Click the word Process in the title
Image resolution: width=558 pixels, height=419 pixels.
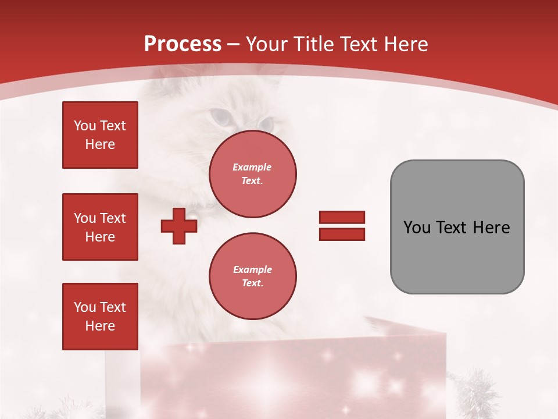[183, 44]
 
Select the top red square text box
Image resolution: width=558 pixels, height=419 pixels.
[100, 135]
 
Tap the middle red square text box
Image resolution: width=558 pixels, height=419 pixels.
[100, 227]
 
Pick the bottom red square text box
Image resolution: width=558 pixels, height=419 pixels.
[100, 317]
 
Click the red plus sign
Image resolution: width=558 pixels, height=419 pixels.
[179, 226]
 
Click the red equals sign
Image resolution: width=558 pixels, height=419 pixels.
[342, 226]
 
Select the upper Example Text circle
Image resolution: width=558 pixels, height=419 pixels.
[253, 173]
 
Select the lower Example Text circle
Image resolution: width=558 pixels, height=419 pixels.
[253, 276]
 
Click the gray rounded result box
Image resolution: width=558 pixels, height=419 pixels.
[457, 227]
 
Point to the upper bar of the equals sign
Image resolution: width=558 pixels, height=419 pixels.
[342, 218]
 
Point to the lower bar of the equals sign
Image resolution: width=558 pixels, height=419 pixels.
[342, 234]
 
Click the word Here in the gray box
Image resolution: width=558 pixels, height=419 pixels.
[491, 228]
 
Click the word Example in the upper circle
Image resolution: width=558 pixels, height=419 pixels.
[252, 167]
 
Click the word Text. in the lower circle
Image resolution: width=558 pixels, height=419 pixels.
[252, 283]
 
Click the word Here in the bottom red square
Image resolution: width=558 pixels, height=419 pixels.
[100, 326]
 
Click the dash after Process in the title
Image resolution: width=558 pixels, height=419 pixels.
[234, 45]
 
